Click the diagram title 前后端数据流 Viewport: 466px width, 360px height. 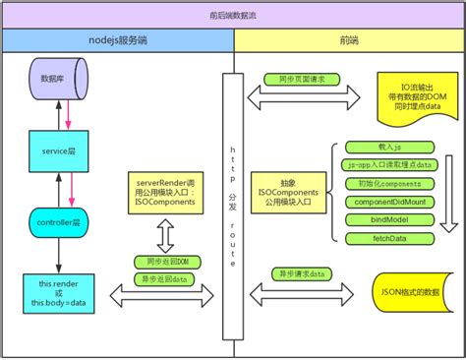tap(233, 16)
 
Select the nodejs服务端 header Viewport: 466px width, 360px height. tap(119, 43)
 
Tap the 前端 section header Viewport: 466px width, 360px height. tap(349, 43)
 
